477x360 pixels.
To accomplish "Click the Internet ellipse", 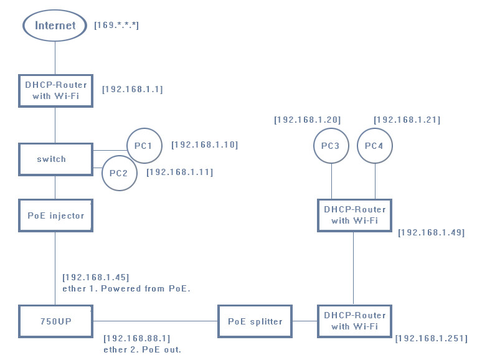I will tap(55, 26).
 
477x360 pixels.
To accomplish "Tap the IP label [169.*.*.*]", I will tap(116, 26).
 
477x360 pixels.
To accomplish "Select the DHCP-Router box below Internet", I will tap(55, 90).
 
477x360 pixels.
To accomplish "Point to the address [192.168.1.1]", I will tap(132, 89).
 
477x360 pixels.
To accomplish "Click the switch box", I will tap(55, 159).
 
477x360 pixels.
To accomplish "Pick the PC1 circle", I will tap(143, 146).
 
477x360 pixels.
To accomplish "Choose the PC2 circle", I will tap(118, 173).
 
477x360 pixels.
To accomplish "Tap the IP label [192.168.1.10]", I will tap(204, 144).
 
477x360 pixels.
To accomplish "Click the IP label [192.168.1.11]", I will tap(179, 172).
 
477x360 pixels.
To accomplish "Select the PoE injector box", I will tap(55, 216).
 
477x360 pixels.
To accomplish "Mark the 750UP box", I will tap(55, 321).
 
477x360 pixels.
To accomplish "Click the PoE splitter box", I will tap(255, 321).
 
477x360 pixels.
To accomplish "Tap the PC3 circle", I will tap(330, 146).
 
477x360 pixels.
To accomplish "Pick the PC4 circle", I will tap(374, 146).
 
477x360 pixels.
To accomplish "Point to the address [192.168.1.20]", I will tap(307, 119).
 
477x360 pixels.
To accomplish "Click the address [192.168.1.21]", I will tap(407, 119).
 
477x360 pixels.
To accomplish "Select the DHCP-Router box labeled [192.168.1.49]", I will tap(354, 215).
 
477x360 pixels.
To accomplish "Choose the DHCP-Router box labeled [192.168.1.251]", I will tap(354, 321).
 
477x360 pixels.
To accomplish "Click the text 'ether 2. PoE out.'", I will tap(142, 349).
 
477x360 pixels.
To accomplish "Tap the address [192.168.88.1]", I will tap(136, 338).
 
